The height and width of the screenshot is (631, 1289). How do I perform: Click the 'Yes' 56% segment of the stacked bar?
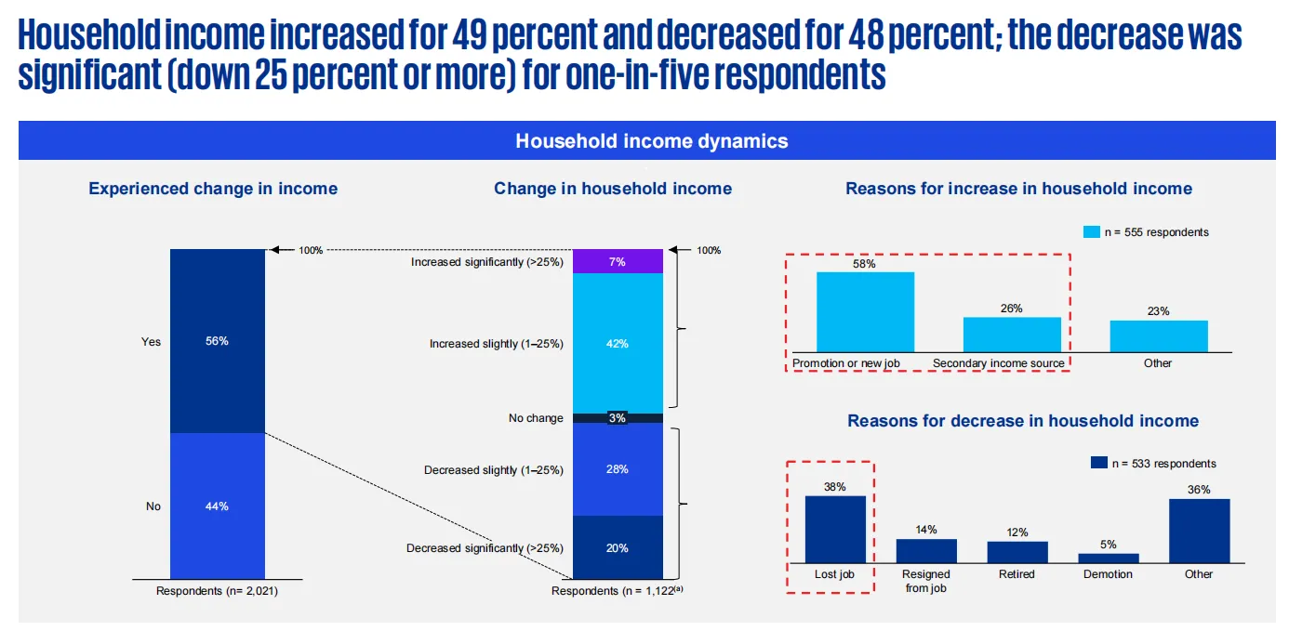point(218,341)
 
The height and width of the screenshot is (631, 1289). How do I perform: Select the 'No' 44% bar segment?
point(218,506)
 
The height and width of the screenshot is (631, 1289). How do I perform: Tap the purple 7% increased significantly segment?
point(618,262)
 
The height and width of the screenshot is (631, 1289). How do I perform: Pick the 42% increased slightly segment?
point(618,344)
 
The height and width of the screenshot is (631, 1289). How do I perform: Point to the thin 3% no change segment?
point(618,418)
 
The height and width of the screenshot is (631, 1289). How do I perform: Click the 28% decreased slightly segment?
point(618,469)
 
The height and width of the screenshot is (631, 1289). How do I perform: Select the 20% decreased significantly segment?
point(618,548)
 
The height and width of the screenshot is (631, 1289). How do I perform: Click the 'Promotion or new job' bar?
point(865,312)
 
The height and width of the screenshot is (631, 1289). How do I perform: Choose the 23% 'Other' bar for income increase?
point(1158,336)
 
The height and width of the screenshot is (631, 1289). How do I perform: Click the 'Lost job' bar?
point(834,530)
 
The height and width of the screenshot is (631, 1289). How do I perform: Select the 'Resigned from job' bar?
point(926,551)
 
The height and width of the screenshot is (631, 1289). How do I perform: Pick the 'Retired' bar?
point(1017,552)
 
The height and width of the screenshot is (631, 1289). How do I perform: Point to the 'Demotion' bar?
point(1108,558)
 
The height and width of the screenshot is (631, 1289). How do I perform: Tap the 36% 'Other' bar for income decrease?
point(1199,531)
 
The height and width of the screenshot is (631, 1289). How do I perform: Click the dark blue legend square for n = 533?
point(1098,463)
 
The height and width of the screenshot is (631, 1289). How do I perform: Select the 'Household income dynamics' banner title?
point(651,141)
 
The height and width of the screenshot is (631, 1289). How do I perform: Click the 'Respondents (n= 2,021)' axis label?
point(217,590)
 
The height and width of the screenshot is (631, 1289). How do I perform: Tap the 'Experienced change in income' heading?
point(213,189)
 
